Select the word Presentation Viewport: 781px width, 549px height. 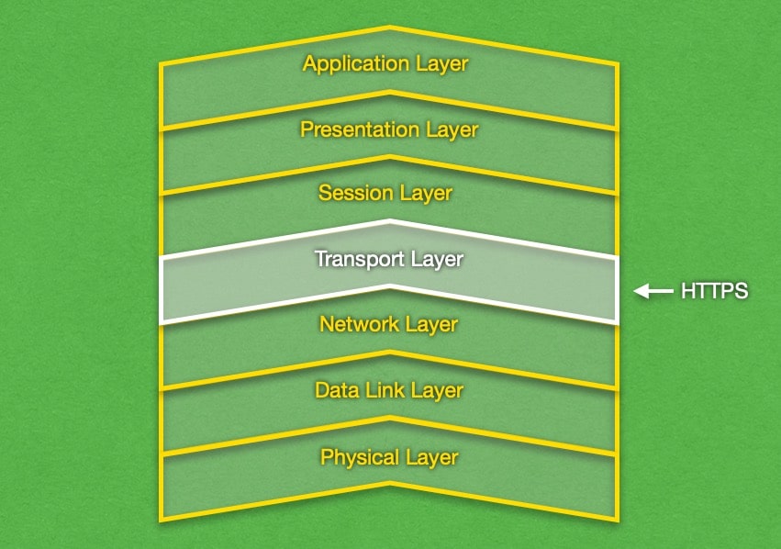pos(360,130)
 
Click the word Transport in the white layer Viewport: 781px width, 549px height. pos(358,260)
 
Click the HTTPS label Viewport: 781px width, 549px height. pos(714,292)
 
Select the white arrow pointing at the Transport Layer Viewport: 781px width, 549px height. pos(653,292)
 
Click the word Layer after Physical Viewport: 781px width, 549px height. pos(430,457)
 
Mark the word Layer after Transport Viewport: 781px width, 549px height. pos(436,260)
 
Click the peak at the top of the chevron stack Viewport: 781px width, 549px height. pos(390,28)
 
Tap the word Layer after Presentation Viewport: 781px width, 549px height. pos(452,130)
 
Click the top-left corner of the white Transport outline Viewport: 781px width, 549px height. pos(162,260)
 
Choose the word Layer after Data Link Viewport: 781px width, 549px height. pos(438,391)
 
